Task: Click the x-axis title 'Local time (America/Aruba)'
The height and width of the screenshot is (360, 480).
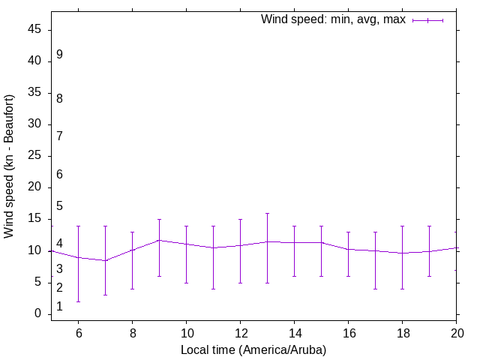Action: [253, 349]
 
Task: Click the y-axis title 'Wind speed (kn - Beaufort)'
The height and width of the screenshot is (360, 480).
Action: [10, 166]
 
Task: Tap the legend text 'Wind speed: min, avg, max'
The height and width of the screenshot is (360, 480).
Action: [333, 19]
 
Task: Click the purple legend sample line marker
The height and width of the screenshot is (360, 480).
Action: [427, 20]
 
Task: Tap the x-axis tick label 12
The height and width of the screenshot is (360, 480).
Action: [240, 331]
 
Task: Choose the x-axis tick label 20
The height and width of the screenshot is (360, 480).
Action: [456, 331]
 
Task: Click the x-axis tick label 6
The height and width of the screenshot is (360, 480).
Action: [78, 331]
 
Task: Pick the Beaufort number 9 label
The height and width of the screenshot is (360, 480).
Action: [59, 55]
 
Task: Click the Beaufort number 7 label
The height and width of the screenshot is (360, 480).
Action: [59, 136]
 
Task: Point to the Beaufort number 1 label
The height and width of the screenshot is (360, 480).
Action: [59, 307]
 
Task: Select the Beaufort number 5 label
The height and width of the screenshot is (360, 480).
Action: [59, 205]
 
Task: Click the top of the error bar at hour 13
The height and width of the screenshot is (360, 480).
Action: [267, 213]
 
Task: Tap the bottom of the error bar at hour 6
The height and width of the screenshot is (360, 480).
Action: [78, 301]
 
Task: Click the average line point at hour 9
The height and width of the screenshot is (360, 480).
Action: [159, 240]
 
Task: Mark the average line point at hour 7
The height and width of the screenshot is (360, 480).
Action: [105, 260]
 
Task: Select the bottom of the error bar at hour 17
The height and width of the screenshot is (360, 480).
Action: [375, 289]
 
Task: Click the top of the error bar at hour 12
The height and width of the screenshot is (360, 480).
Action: [240, 219]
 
